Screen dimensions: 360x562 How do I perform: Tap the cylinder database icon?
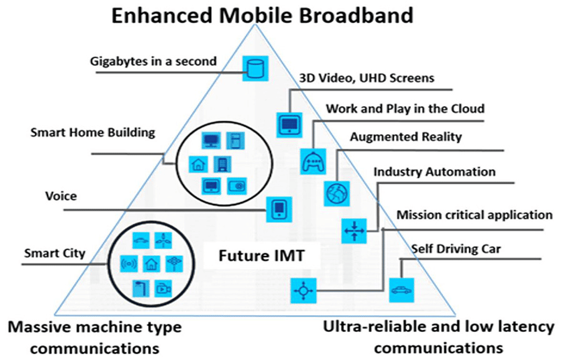click(x=254, y=66)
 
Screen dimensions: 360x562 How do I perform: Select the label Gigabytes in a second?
click(x=152, y=61)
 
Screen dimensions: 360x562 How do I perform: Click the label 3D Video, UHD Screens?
click(x=367, y=78)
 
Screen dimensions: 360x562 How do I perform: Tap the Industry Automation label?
click(x=434, y=172)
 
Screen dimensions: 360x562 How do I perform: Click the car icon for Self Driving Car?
click(x=400, y=290)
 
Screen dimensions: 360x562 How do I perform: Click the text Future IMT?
click(x=252, y=255)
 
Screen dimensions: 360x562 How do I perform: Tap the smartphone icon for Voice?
click(x=279, y=209)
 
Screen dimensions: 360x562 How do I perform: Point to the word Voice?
click(x=61, y=196)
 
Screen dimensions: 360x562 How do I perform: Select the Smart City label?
click(x=54, y=253)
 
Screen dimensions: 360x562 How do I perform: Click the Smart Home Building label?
click(x=92, y=133)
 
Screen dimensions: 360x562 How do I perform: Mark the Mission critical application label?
click(x=474, y=215)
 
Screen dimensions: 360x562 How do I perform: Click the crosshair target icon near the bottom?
click(x=304, y=290)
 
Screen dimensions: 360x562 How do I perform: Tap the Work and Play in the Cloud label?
click(x=405, y=109)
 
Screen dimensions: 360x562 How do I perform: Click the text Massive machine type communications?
click(x=94, y=337)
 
